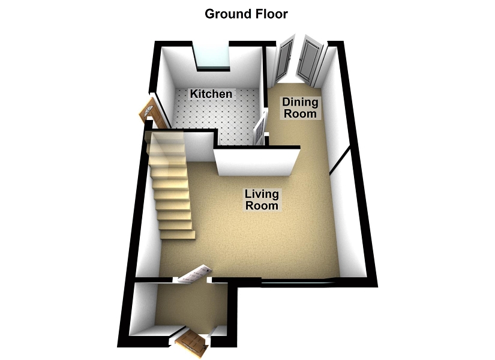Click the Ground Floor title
pyautogui.click(x=247, y=13)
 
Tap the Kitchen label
pyautogui.click(x=211, y=94)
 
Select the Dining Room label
pyautogui.click(x=300, y=108)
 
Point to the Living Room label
pyautogui.click(x=262, y=199)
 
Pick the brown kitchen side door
pyautogui.click(x=148, y=112)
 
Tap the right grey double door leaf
pyautogui.click(x=311, y=61)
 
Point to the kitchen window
pyautogui.click(x=213, y=58)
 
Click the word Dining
pyautogui.click(x=300, y=103)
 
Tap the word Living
pyautogui.click(x=262, y=194)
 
